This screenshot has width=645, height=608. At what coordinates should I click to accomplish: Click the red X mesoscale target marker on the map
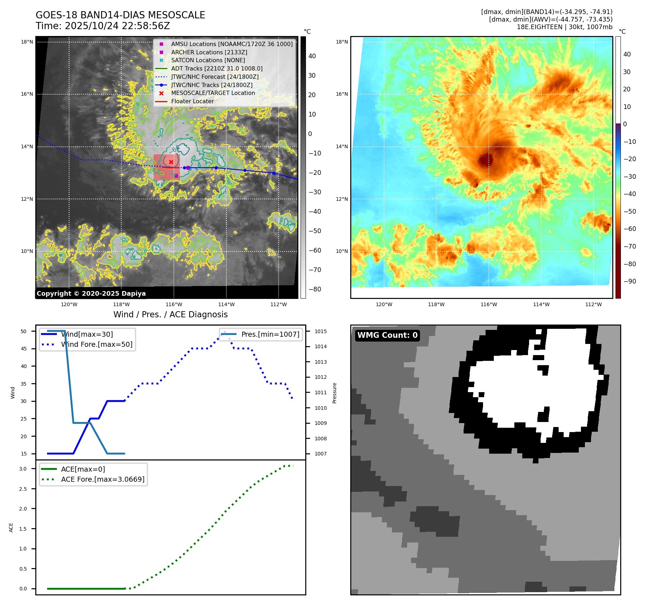171,162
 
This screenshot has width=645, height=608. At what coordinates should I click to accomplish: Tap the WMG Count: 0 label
387,335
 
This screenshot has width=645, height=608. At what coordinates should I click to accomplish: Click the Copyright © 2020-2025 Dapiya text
91,294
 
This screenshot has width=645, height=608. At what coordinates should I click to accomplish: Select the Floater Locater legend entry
192,101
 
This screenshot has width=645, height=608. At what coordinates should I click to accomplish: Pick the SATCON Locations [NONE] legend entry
208,60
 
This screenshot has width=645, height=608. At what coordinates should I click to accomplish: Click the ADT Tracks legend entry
217,69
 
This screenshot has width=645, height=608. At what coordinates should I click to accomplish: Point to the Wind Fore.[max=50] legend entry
96,345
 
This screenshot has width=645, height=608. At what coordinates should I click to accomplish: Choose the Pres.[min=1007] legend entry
270,335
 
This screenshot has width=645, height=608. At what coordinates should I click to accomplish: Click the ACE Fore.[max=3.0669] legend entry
103,480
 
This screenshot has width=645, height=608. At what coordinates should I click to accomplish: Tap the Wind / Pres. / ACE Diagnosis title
170,315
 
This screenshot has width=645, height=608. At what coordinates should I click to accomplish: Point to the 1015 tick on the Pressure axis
320,332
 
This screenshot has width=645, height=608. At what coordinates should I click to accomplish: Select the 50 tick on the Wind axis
23,331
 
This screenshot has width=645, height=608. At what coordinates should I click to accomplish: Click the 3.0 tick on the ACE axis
23,469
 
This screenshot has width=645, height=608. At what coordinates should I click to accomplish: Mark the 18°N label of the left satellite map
27,42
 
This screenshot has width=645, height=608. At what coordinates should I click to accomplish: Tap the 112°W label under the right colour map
593,305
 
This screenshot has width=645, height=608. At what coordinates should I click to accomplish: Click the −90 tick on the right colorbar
630,282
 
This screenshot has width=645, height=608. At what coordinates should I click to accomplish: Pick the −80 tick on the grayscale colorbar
315,290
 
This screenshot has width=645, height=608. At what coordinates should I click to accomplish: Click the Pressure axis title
334,393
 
